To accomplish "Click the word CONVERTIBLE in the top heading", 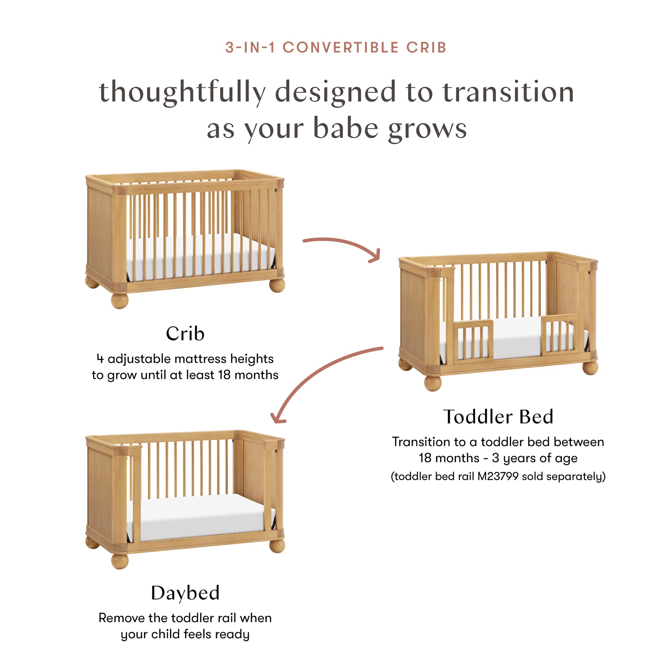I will [340, 48].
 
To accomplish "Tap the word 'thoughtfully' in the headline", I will [182, 92].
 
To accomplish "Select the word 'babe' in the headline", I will [345, 128].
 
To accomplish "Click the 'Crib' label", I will [185, 334].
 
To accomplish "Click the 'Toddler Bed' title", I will [498, 417].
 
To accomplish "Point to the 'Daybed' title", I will [185, 593].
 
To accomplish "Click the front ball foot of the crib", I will [119, 300].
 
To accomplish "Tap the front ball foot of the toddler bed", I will [433, 383].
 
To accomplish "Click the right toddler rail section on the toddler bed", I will [560, 334].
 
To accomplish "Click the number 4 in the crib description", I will [100, 358].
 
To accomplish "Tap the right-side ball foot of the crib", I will [277, 285].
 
